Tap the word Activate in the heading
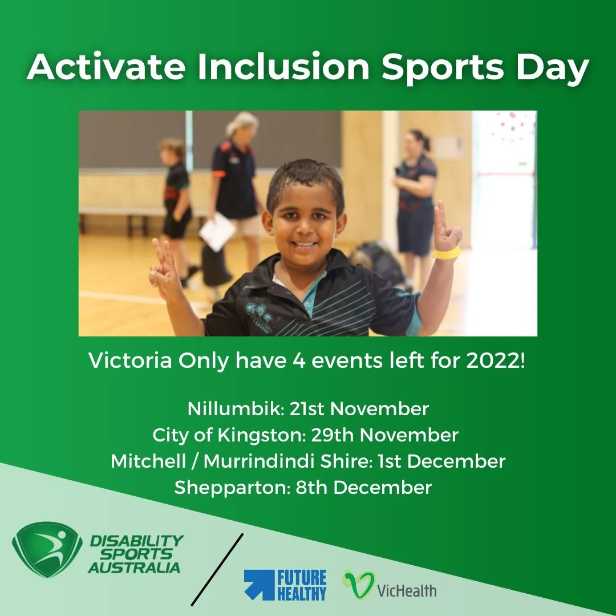pyautogui.click(x=106, y=67)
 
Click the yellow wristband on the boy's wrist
pyautogui.click(x=447, y=253)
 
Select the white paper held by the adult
pyautogui.click(x=217, y=232)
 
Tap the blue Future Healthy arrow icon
pyautogui.click(x=260, y=585)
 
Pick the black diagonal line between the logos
pyautogui.click(x=217, y=569)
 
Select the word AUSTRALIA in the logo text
pyautogui.click(x=134, y=567)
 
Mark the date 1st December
pyautogui.click(x=441, y=461)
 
